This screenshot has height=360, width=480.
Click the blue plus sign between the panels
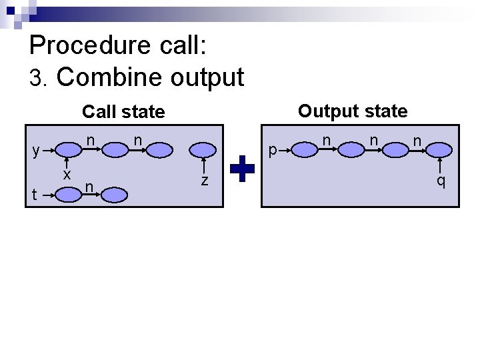pyautogui.click(x=243, y=169)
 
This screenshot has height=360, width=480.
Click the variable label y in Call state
pyautogui.click(x=37, y=150)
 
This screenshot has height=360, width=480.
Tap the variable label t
pyautogui.click(x=35, y=195)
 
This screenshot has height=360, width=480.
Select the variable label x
pyautogui.click(x=67, y=175)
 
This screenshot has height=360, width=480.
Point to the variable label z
pyautogui.click(x=205, y=180)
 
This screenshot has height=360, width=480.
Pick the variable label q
pyautogui.click(x=441, y=181)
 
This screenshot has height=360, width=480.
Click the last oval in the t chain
pyautogui.click(x=114, y=195)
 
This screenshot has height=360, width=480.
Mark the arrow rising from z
pyautogui.click(x=205, y=166)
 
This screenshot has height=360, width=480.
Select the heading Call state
pyautogui.click(x=123, y=112)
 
